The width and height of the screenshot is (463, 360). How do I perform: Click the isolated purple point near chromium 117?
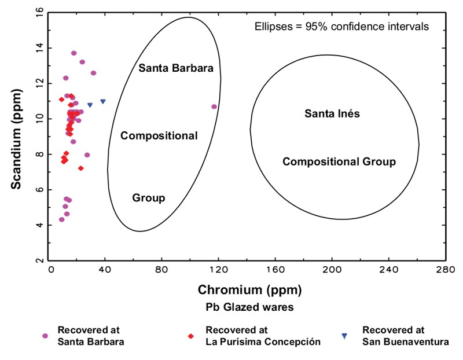point(214,106)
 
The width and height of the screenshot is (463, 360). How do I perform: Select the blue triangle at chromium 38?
point(103,101)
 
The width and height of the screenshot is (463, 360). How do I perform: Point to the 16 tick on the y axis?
point(39,11)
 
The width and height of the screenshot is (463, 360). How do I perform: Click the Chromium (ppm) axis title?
point(249,289)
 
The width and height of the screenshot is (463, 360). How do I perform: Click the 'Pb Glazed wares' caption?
point(249,307)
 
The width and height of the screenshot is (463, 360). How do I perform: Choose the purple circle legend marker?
point(45,336)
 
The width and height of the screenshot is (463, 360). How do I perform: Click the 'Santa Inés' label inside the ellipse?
point(332,113)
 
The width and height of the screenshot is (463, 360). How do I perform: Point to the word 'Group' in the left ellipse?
point(149,198)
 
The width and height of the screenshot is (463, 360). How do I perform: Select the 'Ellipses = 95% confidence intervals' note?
point(341,26)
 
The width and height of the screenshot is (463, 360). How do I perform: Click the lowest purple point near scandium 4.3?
point(62,219)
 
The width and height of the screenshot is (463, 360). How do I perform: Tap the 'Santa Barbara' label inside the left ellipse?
point(176,68)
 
